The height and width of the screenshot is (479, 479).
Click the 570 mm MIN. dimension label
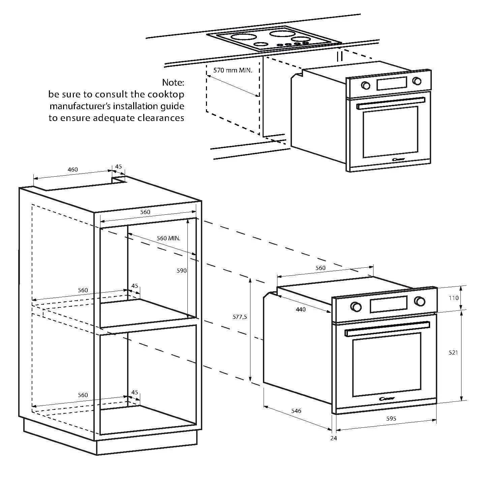233,70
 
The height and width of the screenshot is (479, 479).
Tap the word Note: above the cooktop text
173,82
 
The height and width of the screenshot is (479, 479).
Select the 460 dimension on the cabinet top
72,170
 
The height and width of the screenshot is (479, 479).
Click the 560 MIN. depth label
168,238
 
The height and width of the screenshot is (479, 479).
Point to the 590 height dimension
181,270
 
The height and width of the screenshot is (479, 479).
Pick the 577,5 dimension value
240,317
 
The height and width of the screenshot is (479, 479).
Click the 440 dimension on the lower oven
301,309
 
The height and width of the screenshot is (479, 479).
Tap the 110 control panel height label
453,298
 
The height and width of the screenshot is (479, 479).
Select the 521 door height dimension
453,353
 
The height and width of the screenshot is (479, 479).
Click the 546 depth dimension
296,411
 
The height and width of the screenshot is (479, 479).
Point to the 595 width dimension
391,419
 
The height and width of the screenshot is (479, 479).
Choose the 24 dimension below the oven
334,438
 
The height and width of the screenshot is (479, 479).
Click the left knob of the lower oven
356,306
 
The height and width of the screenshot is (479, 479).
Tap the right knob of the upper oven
417,81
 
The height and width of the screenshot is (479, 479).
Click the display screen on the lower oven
388,304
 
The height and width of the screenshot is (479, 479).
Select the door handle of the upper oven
391,103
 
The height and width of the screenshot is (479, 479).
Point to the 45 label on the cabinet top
119,166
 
